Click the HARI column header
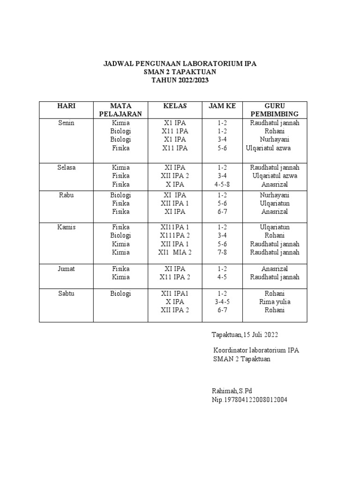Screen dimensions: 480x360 [66, 106]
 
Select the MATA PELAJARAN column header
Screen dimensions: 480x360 [120, 110]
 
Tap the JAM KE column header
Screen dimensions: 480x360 [222, 106]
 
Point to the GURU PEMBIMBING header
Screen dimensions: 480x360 [274, 110]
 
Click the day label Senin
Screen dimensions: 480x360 [66, 123]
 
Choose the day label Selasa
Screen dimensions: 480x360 [66, 167]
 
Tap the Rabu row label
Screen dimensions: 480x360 [66, 195]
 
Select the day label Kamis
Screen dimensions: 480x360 [66, 227]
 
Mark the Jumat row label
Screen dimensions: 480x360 [66, 269]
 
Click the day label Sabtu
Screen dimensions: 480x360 [66, 293]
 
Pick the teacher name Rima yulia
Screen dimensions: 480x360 [274, 302]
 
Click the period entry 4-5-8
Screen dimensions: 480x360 [222, 184]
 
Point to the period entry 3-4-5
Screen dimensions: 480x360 [222, 302]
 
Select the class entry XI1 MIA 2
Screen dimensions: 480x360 [174, 253]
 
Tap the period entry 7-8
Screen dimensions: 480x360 [222, 253]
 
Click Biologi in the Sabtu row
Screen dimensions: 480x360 [120, 293]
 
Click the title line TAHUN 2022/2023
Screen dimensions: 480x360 [180, 80]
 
